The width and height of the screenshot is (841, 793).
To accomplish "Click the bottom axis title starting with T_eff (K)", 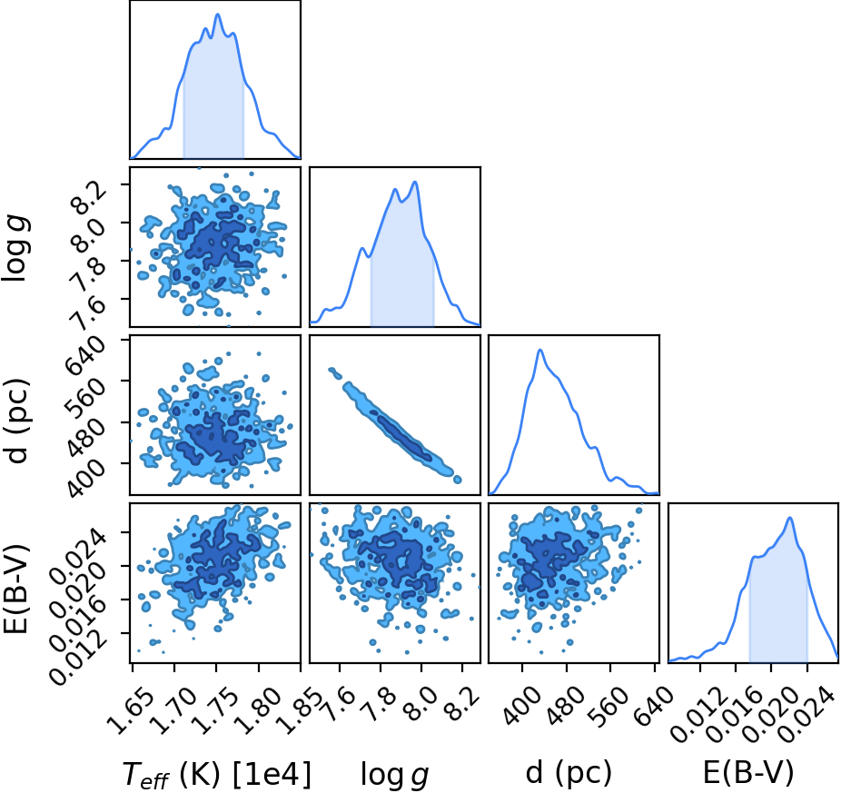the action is [217, 774].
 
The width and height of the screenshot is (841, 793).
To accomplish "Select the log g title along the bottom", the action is [395, 775].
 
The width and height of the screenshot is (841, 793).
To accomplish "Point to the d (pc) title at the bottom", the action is [569, 773].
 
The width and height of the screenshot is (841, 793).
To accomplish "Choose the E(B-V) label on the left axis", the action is [15, 589].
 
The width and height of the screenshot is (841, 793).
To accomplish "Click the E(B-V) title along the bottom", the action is [748, 773].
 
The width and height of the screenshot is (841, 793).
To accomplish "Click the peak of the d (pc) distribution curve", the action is [540, 350].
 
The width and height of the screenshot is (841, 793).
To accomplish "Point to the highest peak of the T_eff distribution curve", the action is [218, 15].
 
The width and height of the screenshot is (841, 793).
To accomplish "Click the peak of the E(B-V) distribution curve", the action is [789, 518].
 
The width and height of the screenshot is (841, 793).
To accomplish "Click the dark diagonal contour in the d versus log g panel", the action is [401, 436].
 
